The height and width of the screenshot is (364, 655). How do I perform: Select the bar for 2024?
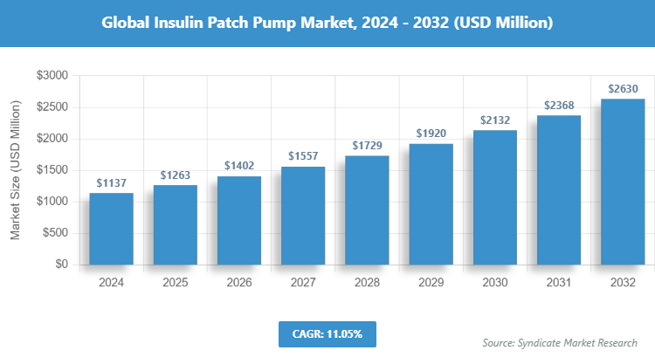(111, 229)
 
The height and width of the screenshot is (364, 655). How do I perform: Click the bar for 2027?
(303, 216)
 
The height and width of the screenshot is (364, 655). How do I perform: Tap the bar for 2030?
(494, 197)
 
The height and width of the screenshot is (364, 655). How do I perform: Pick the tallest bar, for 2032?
(623, 182)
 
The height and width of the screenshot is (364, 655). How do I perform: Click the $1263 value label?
(176, 175)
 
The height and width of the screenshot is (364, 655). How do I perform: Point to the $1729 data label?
(367, 146)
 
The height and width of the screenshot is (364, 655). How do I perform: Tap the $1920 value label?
(431, 134)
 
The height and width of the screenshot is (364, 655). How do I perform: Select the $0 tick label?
(60, 264)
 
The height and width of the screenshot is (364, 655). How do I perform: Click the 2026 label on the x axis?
(239, 283)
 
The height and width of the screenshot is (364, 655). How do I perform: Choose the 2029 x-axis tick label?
(431, 283)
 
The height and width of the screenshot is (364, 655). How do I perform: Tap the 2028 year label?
(367, 283)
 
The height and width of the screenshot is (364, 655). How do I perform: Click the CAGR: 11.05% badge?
(327, 334)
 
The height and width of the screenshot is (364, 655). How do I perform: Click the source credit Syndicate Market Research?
(560, 341)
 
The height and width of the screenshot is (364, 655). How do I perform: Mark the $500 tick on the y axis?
(52, 233)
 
